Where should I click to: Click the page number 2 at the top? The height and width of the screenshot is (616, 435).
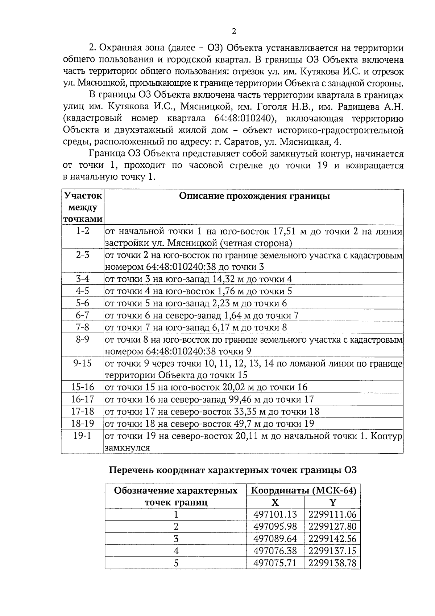(x=234, y=32)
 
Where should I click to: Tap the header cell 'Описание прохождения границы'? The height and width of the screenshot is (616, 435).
(x=254, y=196)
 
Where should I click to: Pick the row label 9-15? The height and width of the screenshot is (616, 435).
(x=82, y=363)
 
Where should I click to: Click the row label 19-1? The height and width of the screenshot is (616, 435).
(x=82, y=436)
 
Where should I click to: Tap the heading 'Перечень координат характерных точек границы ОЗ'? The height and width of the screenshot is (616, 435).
(x=233, y=470)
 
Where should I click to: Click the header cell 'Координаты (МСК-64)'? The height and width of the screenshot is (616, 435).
(x=303, y=491)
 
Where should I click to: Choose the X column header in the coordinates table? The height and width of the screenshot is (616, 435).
(x=275, y=502)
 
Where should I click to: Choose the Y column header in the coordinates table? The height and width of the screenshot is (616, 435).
(x=332, y=502)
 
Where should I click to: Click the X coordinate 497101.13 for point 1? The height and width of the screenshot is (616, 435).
(x=275, y=514)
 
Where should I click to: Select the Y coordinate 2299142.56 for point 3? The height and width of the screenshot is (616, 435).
(x=332, y=539)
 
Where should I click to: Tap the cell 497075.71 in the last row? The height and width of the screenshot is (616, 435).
(x=275, y=563)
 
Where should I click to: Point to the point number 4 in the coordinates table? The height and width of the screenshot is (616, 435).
(x=176, y=551)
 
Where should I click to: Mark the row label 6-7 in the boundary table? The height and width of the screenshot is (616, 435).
(x=82, y=315)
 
